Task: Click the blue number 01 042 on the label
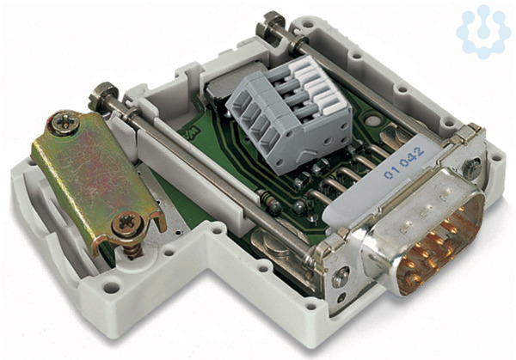coord(403,163)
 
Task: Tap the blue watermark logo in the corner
coord(483,31)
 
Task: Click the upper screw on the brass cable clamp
coord(65,123)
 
